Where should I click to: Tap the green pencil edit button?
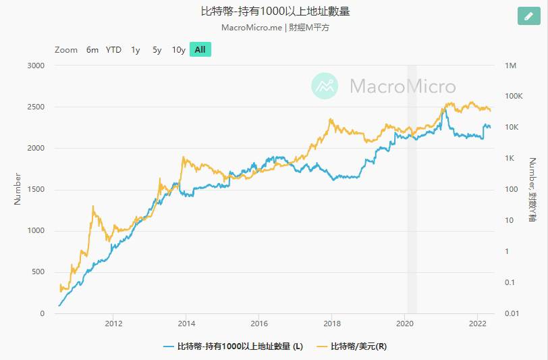pos(528,16)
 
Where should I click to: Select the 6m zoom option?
pos(92,49)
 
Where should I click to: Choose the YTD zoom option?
pos(113,49)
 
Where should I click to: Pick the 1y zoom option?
pos(136,49)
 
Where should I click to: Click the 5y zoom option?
pos(157,49)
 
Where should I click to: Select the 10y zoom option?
pos(178,49)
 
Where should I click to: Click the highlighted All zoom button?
pos(200,49)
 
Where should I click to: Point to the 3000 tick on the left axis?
pos(35,66)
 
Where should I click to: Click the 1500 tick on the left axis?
pos(35,190)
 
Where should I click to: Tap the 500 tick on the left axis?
pos(37,272)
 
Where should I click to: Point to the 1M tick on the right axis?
pos(510,66)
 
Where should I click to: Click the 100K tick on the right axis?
pos(514,97)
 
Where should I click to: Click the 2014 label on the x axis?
pos(186,322)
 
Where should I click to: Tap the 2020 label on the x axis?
pos(405,322)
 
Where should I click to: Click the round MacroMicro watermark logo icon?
pos(325,86)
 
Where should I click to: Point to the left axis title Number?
pos(18,189)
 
